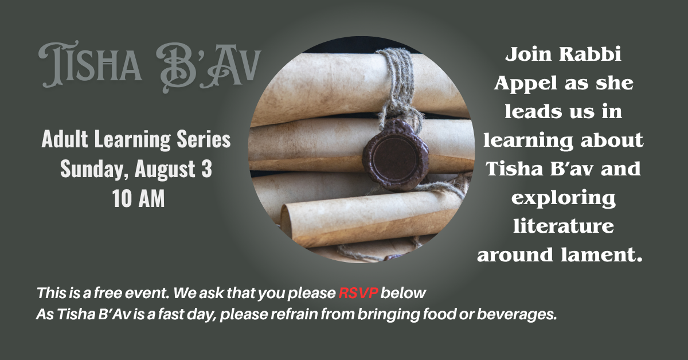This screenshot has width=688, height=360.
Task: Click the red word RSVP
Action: (358, 293)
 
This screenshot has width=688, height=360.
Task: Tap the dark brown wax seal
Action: (395, 155)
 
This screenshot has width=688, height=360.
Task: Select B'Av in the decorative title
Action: (208, 68)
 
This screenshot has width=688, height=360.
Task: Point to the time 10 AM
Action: (139, 199)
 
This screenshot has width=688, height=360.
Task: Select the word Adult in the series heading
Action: (65, 139)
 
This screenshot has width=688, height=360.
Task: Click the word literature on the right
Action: (564, 226)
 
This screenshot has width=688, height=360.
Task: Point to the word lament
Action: (601, 255)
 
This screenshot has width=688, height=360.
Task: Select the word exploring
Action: (564, 198)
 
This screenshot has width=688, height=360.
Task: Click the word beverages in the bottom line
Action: (517, 315)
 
